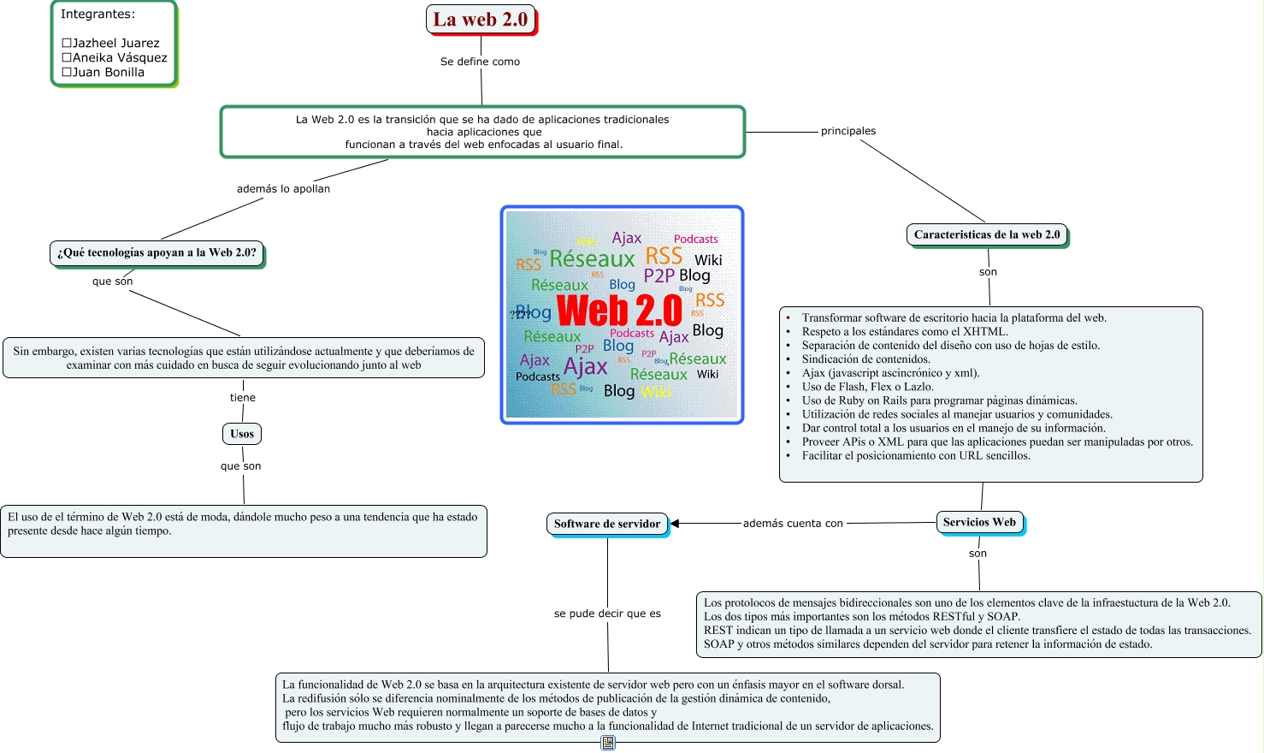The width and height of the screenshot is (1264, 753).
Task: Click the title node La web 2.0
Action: pyautogui.click(x=481, y=20)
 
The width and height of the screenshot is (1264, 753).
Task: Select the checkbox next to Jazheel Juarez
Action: pyautogui.click(x=67, y=43)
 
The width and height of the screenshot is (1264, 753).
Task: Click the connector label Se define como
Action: pyautogui.click(x=480, y=62)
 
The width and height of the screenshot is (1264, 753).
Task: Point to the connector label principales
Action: pyautogui.click(x=848, y=131)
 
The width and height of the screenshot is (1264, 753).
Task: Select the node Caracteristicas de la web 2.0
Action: pyautogui.click(x=986, y=234)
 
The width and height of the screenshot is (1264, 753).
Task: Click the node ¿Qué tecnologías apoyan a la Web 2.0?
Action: pyautogui.click(x=157, y=252)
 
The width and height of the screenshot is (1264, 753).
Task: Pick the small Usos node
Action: pyautogui.click(x=242, y=434)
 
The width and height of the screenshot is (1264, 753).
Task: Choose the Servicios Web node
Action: pyautogui.click(x=979, y=522)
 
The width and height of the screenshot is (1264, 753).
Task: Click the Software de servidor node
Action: pyautogui.click(x=606, y=524)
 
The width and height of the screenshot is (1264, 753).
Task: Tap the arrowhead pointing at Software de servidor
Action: pyautogui.click(x=675, y=524)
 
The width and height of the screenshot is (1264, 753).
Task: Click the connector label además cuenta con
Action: pyautogui.click(x=793, y=524)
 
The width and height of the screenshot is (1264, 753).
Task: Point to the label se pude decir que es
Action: pyautogui.click(x=607, y=614)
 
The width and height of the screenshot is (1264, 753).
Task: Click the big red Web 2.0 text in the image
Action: pyautogui.click(x=619, y=310)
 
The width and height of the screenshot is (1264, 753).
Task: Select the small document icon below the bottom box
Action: pyautogui.click(x=608, y=743)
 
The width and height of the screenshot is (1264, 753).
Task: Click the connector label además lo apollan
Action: pyautogui.click(x=283, y=189)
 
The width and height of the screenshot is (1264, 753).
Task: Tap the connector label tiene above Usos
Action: pyautogui.click(x=243, y=398)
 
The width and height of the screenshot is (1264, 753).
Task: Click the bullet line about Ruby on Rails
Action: pyautogui.click(x=939, y=400)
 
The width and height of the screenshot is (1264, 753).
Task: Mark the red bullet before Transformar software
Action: pyautogui.click(x=788, y=318)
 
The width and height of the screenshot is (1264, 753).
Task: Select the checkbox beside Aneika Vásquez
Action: pyautogui.click(x=67, y=57)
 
